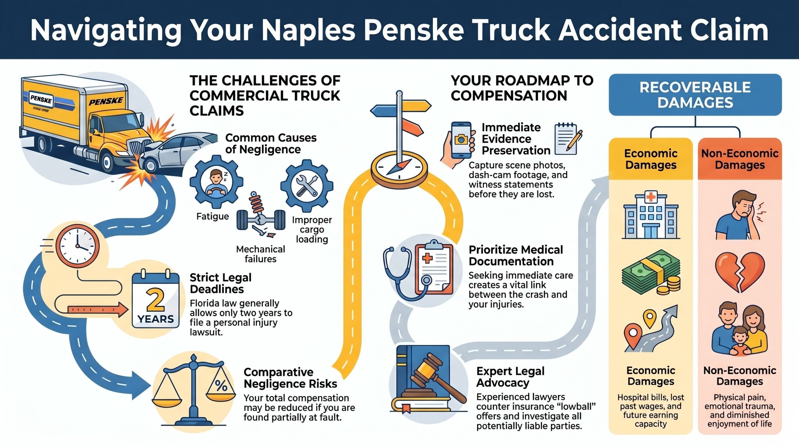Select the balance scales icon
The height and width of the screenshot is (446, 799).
[194, 390]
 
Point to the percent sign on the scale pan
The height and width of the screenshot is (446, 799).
[221, 386]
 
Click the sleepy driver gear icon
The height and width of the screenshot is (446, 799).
[217, 182]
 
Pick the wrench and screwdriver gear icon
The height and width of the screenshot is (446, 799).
[307, 186]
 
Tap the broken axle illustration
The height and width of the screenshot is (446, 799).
[261, 216]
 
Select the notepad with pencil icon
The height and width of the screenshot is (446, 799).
[568, 139]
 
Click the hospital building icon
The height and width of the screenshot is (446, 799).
[651, 216]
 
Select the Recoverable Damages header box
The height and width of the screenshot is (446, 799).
[695, 95]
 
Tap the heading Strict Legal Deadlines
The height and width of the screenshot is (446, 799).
[221, 283]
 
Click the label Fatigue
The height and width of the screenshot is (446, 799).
[213, 216]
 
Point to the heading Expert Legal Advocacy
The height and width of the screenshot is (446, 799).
[511, 377]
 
